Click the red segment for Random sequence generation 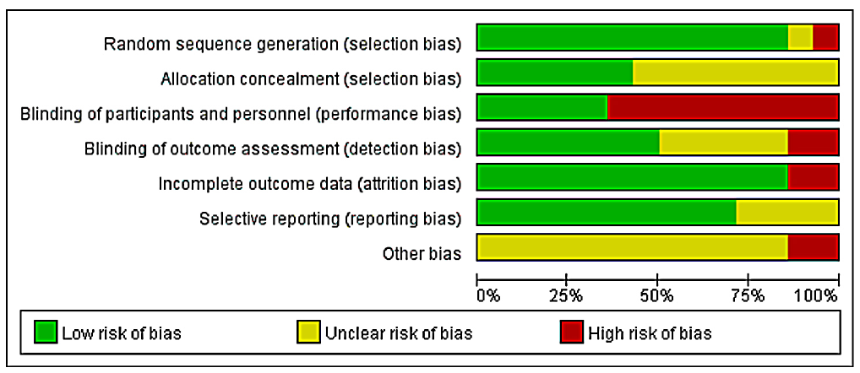tap(825, 38)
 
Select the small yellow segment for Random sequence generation tap(800, 38)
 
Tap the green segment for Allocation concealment tap(555, 73)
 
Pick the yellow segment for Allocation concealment tap(736, 73)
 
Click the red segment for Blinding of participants tap(723, 107)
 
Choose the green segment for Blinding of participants tap(542, 107)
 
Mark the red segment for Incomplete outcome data tap(814, 177)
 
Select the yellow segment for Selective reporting tap(787, 212)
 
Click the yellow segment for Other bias tap(633, 247)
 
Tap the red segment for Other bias tap(814, 247)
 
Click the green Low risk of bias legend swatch tap(46, 332)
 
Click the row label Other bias tap(422, 254)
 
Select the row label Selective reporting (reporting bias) tap(329, 219)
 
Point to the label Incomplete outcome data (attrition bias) tap(309, 184)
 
